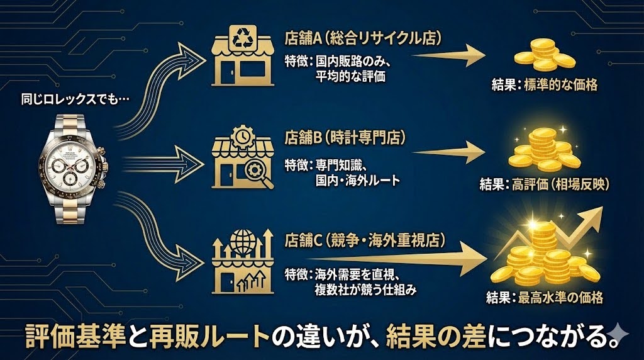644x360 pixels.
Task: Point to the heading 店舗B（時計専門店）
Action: click(x=345, y=137)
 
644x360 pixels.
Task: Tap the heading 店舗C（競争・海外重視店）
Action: click(x=365, y=240)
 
